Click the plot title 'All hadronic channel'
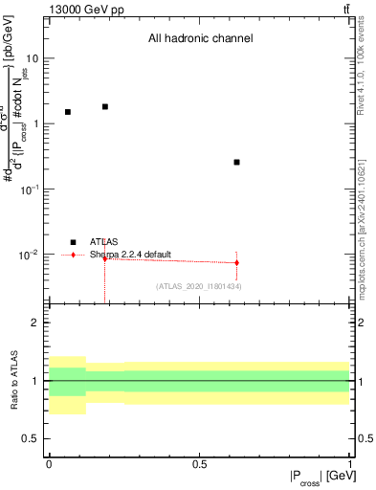click(x=200, y=39)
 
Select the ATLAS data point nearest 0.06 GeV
click(x=67, y=112)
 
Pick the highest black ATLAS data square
click(x=104, y=106)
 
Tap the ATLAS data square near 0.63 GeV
click(x=236, y=162)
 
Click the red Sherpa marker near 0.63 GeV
click(x=236, y=262)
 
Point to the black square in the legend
click(x=73, y=242)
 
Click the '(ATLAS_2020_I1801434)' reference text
click(x=198, y=286)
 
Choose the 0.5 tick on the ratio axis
click(x=33, y=438)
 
